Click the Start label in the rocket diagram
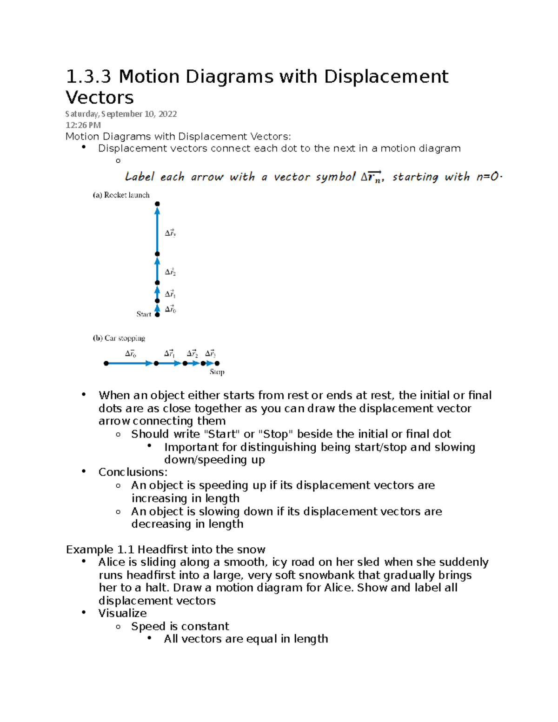pos(144,314)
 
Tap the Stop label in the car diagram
pos(217,372)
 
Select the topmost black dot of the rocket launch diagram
pos(157,204)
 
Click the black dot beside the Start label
pos(157,315)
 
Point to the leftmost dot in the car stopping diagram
pos(106,364)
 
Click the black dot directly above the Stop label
pos(217,364)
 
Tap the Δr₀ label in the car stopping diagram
pos(131,354)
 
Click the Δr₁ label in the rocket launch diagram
pos(170,294)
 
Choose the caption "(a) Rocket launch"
pos(121,195)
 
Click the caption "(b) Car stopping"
pos(119,338)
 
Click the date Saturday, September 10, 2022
pos(121,114)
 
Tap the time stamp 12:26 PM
pos(83,125)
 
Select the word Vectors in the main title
pos(100,98)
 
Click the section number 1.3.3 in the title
pos(88,77)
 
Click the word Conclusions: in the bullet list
pos(133,472)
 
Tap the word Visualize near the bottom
pos(122,613)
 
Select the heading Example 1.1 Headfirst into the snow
pos(166,550)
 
